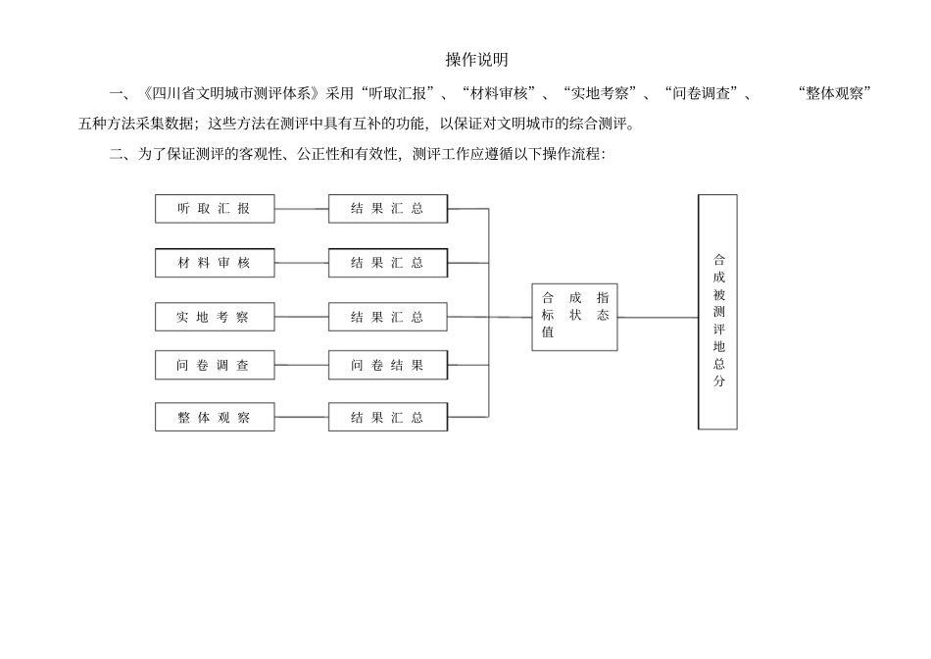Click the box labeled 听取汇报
pos(215,209)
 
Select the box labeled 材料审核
pos(215,263)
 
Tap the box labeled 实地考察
pos(215,317)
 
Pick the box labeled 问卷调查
pos(215,365)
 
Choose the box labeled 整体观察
pos(215,417)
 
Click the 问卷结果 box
pos(388,365)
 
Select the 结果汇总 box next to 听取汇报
pos(388,209)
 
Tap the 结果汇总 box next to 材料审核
pos(388,263)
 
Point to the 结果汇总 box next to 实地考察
pos(388,317)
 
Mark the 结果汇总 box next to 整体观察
pos(388,417)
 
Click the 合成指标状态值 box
pos(574,317)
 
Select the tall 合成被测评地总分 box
pos(717,312)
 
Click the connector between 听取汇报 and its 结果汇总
pos(302,209)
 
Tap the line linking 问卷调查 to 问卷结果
pos(302,365)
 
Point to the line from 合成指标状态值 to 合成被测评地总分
pos(658,317)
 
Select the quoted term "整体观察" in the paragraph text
pos(835,93)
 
